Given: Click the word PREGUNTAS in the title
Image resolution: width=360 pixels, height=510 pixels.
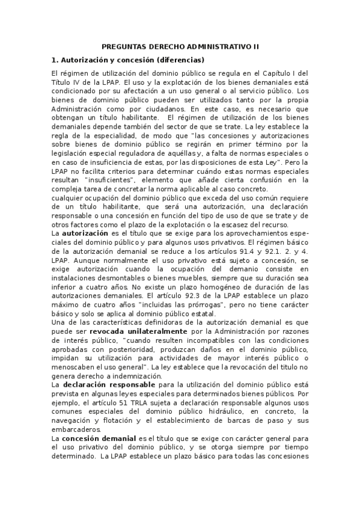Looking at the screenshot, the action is [123, 46].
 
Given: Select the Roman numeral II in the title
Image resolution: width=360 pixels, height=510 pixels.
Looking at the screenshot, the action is [255, 46].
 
